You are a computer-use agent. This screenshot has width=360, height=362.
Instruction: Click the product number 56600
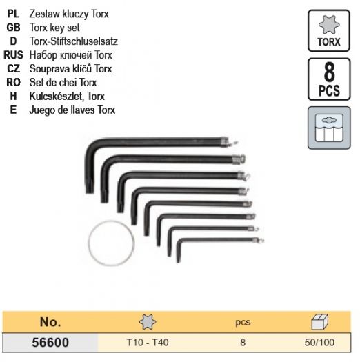pyautogui.click(x=50, y=342)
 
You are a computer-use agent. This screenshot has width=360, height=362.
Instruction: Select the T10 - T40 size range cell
pyautogui.click(x=148, y=343)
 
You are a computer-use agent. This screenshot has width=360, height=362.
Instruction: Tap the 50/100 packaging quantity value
pyautogui.click(x=319, y=343)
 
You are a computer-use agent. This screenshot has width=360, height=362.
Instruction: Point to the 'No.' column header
pyautogui.click(x=50, y=322)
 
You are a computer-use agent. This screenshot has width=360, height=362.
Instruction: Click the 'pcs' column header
pyautogui.click(x=243, y=322)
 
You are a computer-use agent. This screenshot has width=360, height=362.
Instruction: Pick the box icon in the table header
pyautogui.click(x=319, y=322)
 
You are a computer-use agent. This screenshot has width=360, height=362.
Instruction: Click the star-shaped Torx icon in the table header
pyautogui.click(x=148, y=322)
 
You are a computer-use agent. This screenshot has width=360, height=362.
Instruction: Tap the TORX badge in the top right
pyautogui.click(x=329, y=31)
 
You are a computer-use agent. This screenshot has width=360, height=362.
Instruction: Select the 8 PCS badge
pyautogui.click(x=329, y=79)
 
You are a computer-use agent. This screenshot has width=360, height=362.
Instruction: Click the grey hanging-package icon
pyautogui.click(x=329, y=128)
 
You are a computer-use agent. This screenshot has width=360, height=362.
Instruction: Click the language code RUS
pyautogui.click(x=13, y=55)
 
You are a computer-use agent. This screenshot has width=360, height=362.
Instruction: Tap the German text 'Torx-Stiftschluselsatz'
pyautogui.click(x=74, y=41)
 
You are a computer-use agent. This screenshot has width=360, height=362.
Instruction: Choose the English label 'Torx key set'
pyautogui.click(x=54, y=28)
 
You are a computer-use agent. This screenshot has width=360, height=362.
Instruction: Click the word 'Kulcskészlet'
pyautogui.click(x=53, y=97)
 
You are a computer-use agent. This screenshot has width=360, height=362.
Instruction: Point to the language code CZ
pyautogui.click(x=14, y=68)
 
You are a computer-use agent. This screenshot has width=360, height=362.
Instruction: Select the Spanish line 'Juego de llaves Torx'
pyautogui.click(x=72, y=110)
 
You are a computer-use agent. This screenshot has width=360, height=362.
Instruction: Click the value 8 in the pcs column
pyautogui.click(x=243, y=343)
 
